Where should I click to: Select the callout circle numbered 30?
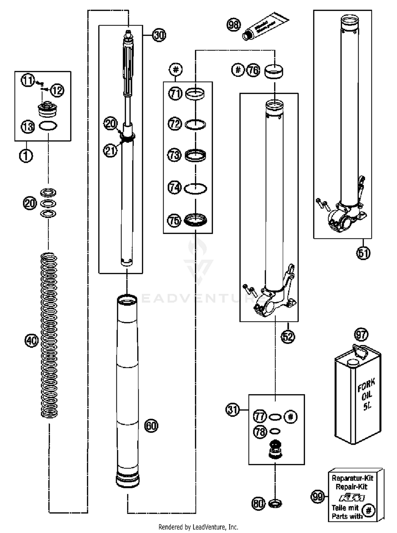(x=159, y=35)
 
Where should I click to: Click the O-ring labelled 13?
(x=48, y=126)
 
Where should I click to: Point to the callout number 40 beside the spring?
(x=31, y=340)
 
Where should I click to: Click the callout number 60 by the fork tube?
(x=151, y=426)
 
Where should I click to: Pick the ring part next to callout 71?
(x=195, y=94)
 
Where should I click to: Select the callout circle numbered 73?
(x=174, y=155)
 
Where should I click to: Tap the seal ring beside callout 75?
(x=195, y=220)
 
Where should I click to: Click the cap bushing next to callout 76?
(x=274, y=71)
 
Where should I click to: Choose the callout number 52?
(x=288, y=337)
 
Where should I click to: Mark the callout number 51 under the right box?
(x=363, y=253)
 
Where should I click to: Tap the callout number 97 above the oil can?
(x=361, y=335)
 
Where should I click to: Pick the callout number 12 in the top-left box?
(x=57, y=90)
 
